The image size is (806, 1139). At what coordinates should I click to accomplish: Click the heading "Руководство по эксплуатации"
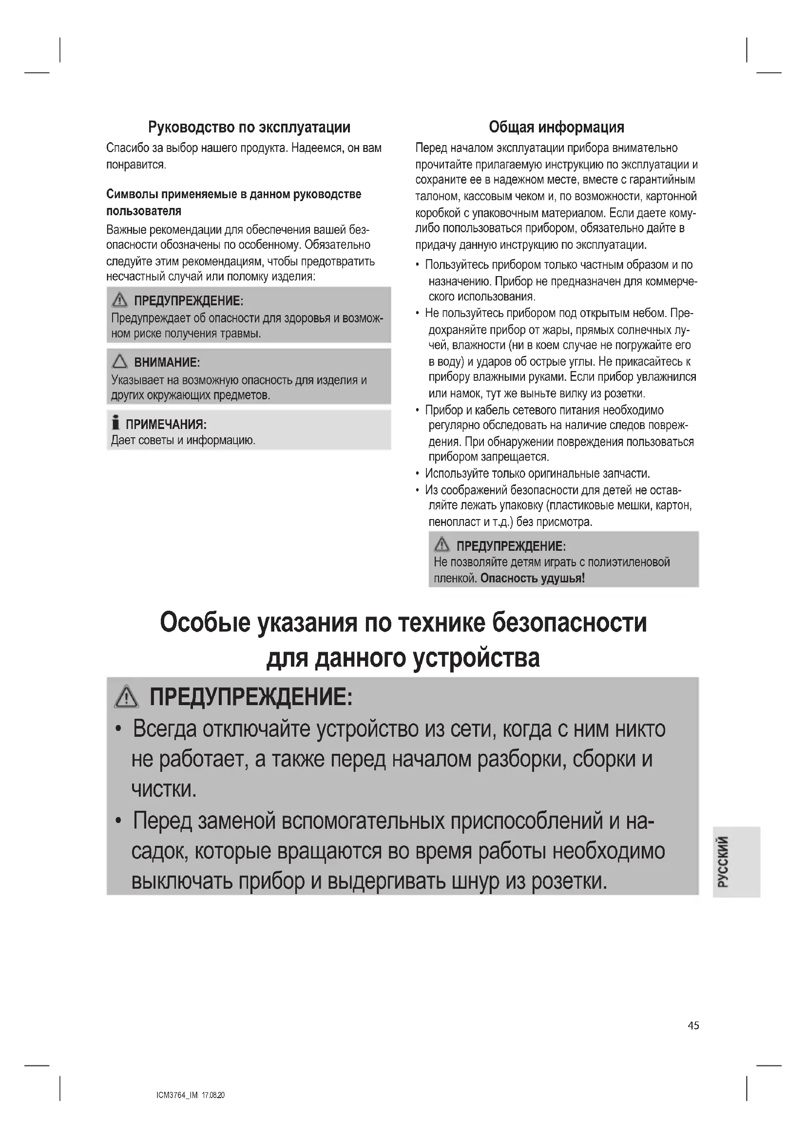pos(249,127)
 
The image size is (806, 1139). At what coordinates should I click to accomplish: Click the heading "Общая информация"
pos(556,127)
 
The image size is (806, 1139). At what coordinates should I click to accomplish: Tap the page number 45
pos(693,1026)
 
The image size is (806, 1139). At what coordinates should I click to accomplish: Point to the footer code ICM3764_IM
pos(177,1095)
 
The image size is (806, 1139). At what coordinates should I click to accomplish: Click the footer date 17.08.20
pos(213,1095)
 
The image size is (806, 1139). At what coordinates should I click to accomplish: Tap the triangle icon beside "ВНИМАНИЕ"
pos(119,361)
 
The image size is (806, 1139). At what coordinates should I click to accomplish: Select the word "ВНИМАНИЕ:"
pos(167,362)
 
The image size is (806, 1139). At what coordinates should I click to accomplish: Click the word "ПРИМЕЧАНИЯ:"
pos(166,424)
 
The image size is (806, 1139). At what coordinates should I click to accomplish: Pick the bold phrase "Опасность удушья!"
pos(533,578)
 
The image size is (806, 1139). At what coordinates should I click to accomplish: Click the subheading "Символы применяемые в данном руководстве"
pos(234,194)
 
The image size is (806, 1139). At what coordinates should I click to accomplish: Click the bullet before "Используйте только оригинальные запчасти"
pos(418,474)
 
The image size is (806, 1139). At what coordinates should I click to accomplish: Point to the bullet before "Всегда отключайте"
pos(118,730)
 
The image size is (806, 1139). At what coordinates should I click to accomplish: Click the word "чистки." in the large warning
pos(164,789)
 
